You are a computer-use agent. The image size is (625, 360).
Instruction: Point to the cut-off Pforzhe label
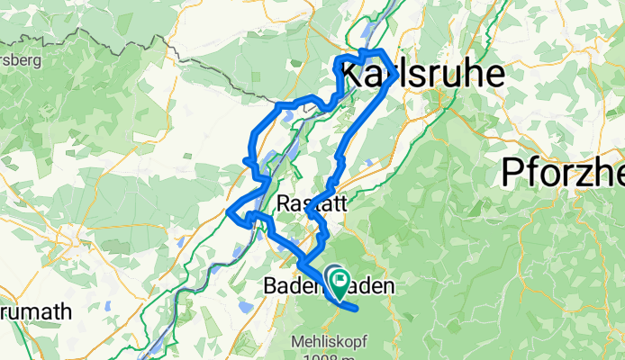click(x=563, y=171)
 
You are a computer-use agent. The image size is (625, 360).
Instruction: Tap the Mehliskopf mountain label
click(x=329, y=342)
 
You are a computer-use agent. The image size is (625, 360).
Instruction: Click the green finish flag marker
click(x=340, y=282)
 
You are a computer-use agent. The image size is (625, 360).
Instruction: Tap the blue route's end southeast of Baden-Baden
click(x=358, y=309)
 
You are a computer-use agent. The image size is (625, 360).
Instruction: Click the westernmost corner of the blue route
click(x=231, y=213)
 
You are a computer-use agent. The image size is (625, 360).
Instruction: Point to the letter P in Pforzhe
click(x=512, y=171)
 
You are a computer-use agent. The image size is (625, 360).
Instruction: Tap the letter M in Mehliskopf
click(x=296, y=342)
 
